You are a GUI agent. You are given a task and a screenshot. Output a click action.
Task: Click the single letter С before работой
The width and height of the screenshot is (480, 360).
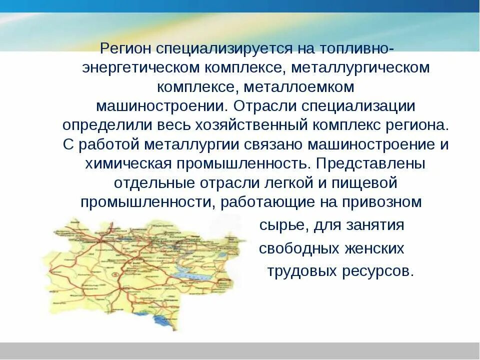pyautogui.click(x=68, y=145)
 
